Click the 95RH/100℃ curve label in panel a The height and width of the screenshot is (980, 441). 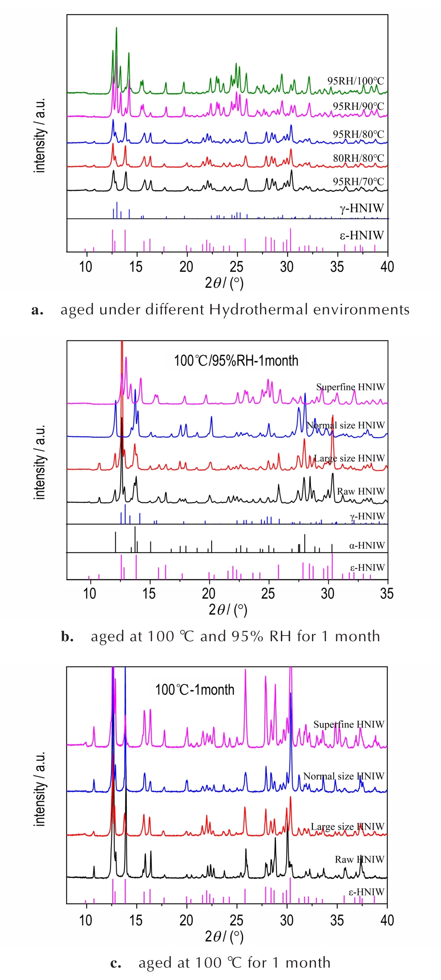[355, 81]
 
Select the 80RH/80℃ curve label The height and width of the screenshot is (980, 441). [358, 158]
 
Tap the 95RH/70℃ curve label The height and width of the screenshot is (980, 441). [358, 182]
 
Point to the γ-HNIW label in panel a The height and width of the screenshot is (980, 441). [362, 208]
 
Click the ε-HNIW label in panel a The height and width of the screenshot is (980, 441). [362, 235]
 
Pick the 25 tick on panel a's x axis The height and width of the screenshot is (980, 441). [236, 267]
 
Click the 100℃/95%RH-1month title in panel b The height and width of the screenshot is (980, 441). [236, 361]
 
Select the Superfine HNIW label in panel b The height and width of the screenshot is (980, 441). [350, 387]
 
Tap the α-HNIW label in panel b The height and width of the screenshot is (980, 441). [366, 545]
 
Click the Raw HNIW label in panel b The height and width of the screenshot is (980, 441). [361, 491]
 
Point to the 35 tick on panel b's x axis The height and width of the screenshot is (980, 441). [387, 593]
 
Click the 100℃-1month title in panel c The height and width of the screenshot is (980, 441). [195, 690]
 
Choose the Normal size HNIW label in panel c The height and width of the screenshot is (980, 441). [343, 776]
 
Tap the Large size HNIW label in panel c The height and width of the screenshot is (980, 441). [347, 827]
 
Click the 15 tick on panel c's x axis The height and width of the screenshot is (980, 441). [136, 921]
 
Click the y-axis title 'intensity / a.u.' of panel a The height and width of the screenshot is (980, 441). [40, 135]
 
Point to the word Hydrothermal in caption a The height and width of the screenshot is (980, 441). [259, 310]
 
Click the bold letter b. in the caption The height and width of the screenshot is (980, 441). [67, 636]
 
